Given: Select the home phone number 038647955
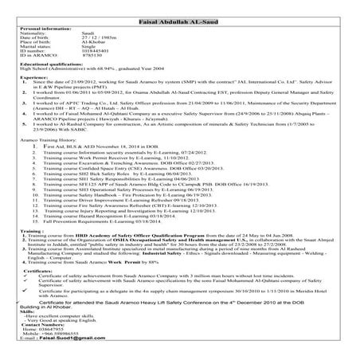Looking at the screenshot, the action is (51, 330).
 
